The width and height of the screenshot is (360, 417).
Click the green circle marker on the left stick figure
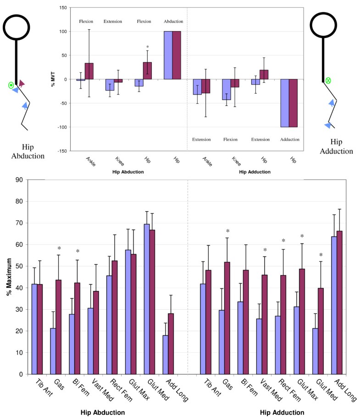[x=11, y=85]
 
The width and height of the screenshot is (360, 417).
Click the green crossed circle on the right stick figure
[x=328, y=81]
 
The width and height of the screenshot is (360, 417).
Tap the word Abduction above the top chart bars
[x=173, y=22]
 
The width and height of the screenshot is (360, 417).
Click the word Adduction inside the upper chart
[x=290, y=139]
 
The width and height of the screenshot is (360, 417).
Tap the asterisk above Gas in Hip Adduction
[x=227, y=232]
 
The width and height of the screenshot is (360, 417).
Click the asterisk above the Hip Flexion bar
[x=147, y=47]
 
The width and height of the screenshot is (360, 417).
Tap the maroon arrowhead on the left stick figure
[x=22, y=83]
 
